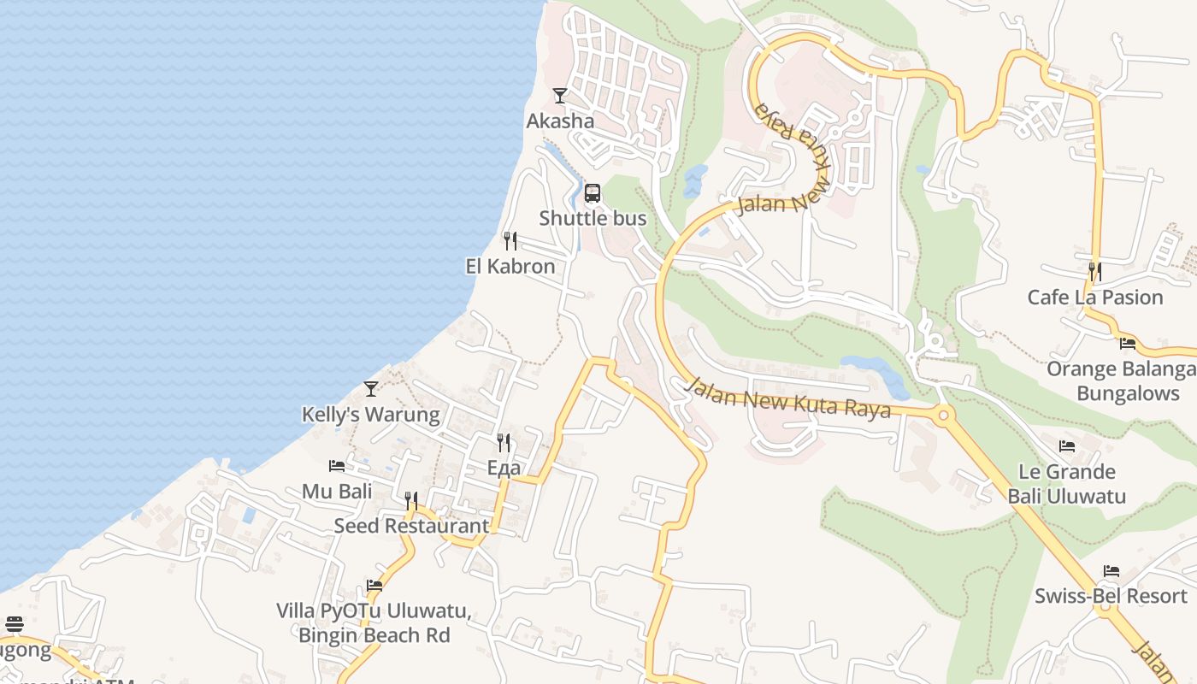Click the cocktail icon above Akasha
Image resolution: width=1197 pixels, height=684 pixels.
point(560,96)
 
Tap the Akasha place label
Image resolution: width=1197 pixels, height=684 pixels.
point(560,121)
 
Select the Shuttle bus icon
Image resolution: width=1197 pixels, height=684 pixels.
point(593,193)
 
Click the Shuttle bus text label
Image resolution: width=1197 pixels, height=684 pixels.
point(593,219)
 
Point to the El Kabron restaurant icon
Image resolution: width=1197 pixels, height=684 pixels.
point(510,240)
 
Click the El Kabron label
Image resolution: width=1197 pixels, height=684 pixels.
point(510,267)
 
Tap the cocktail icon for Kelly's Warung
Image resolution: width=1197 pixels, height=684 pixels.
point(371,389)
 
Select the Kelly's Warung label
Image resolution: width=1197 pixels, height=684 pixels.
point(371,416)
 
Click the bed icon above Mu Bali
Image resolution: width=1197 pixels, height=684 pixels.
point(337,466)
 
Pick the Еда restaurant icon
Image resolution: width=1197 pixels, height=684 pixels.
point(504,442)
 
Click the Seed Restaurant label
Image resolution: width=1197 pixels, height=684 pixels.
point(411,527)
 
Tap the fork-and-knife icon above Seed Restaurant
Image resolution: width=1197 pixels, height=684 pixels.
point(411,500)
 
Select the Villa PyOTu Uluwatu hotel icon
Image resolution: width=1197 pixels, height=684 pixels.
point(374,586)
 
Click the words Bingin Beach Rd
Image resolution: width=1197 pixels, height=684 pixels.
point(374,636)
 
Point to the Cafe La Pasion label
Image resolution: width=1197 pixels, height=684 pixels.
point(1095,298)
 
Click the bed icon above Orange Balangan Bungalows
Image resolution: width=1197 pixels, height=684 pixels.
point(1128,344)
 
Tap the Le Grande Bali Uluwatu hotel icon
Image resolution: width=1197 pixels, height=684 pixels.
point(1067,445)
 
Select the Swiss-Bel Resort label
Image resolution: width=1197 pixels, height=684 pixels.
point(1111,597)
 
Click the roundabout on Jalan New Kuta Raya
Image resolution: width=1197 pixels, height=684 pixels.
point(944,416)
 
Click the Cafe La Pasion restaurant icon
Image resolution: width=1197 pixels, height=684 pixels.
point(1094,272)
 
